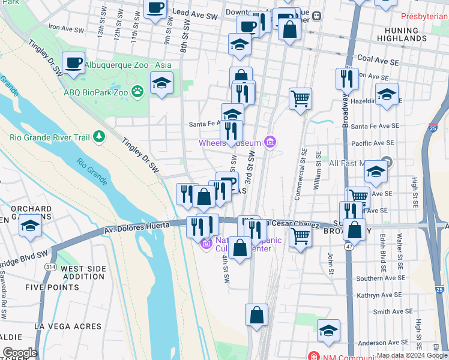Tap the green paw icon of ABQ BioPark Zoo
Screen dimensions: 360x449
[x=139, y=92]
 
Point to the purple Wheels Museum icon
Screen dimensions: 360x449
[x=270, y=142]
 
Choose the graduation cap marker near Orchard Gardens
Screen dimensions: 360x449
[x=29, y=227]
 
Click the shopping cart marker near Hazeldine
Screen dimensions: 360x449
[x=300, y=98]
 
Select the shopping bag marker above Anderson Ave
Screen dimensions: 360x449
[x=256, y=315]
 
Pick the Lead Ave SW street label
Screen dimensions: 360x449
[x=193, y=12]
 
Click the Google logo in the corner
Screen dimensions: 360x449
[x=20, y=353]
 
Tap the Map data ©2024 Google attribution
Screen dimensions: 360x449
[x=411, y=355]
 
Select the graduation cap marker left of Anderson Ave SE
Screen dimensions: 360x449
[x=328, y=331]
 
